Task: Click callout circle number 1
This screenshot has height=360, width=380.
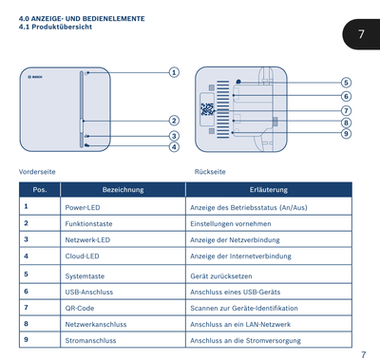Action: pyautogui.click(x=174, y=72)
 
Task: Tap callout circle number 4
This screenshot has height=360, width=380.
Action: pyautogui.click(x=174, y=147)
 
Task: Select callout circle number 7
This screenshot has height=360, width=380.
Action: pyautogui.click(x=346, y=110)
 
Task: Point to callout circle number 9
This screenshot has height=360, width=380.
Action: pyautogui.click(x=346, y=134)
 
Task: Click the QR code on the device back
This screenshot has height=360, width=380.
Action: pyautogui.click(x=207, y=109)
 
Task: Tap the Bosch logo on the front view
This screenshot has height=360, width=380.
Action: pyautogui.click(x=35, y=77)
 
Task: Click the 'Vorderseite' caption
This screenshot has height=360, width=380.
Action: pyautogui.click(x=37, y=172)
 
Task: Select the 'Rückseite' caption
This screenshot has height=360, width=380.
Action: pyautogui.click(x=210, y=172)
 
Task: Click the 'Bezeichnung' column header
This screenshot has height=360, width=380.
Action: pyautogui.click(x=123, y=190)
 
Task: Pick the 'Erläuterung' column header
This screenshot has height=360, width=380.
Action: pyautogui.click(x=269, y=190)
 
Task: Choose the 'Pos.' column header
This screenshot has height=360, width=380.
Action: pyautogui.click(x=40, y=190)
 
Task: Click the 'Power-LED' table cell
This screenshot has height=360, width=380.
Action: pyautogui.click(x=83, y=208)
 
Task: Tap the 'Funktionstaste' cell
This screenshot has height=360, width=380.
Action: pyautogui.click(x=88, y=224)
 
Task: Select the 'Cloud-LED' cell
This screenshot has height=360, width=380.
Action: pyautogui.click(x=83, y=256)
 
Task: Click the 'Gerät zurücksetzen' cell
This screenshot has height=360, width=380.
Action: pyautogui.click(x=221, y=276)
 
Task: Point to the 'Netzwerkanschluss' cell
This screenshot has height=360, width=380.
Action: pyautogui.click(x=96, y=324)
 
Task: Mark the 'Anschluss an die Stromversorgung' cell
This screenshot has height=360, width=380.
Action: pyautogui.click(x=245, y=341)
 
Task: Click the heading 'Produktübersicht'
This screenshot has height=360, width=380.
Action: pyautogui.click(x=62, y=27)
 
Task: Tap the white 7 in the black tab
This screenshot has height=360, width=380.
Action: pyautogui.click(x=361, y=34)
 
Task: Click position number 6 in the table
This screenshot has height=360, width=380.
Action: pyautogui.click(x=26, y=291)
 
